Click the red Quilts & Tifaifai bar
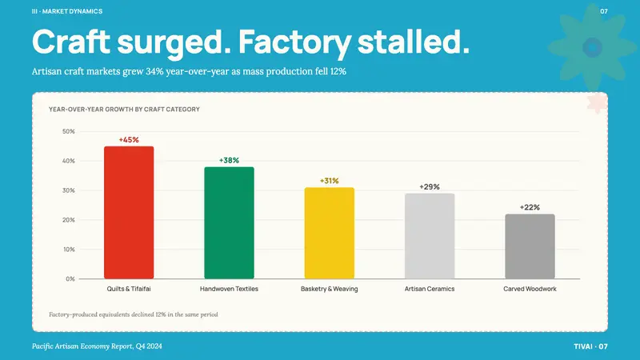click(129, 212)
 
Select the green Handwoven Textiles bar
click(229, 223)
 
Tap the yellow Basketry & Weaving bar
click(330, 233)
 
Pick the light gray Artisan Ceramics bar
click(430, 236)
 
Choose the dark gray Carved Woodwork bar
click(530, 246)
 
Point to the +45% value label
click(129, 139)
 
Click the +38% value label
click(229, 161)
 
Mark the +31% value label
click(330, 181)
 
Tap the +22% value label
click(530, 207)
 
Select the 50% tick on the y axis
click(69, 131)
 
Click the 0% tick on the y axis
click(70, 278)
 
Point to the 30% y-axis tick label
click(69, 190)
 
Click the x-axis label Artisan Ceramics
click(430, 289)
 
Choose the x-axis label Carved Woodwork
click(530, 289)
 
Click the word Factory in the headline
click(294, 42)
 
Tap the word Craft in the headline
click(71, 42)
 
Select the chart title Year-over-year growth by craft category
click(124, 110)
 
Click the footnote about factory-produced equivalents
click(134, 314)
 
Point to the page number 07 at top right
click(604, 11)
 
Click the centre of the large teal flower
click(592, 47)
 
